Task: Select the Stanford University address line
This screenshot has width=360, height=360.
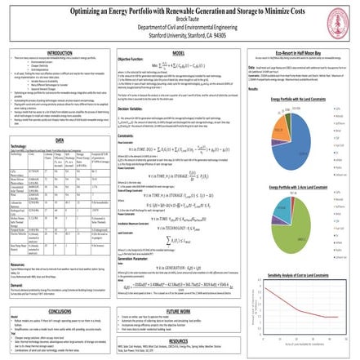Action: click(x=180, y=35)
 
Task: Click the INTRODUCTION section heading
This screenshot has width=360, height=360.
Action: click(x=55, y=54)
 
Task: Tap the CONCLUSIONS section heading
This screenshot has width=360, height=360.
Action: click(x=55, y=288)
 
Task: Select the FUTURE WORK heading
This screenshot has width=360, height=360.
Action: click(x=180, y=288)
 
